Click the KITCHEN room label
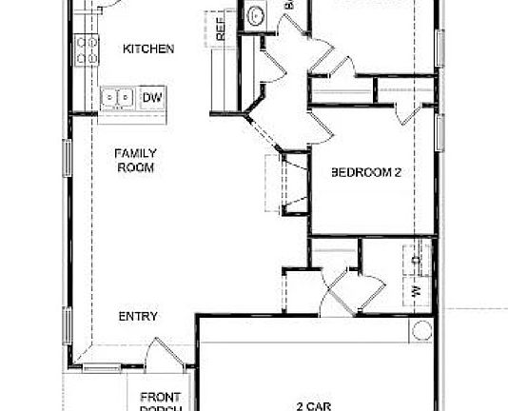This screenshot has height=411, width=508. point(147,49)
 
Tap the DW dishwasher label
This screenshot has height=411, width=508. point(151,97)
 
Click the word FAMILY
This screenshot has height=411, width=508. point(136,152)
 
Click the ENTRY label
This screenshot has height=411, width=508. point(138,317)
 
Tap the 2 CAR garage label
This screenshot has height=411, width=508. point(314,406)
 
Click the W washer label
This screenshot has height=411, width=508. point(416,289)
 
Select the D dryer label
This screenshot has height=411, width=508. point(416,259)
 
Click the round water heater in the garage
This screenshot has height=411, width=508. point(421,330)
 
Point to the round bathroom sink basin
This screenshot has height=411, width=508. point(255,16)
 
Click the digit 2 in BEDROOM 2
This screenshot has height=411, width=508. point(398,173)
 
